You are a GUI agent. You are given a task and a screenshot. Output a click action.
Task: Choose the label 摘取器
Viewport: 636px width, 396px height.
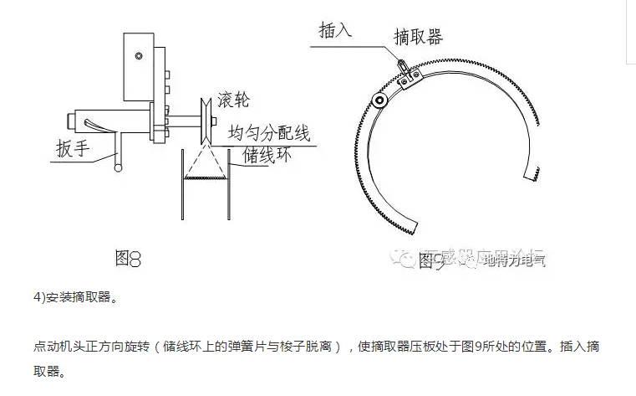418,36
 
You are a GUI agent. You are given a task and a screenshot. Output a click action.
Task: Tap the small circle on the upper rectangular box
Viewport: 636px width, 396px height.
140,57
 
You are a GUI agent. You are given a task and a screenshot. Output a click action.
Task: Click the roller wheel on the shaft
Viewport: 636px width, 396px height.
203,122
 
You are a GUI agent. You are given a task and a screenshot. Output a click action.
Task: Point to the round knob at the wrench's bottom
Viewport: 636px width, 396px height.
119,168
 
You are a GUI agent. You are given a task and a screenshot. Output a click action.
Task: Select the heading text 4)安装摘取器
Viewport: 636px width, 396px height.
73,296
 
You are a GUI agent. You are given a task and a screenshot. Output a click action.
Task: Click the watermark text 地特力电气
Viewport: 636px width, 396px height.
514,260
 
